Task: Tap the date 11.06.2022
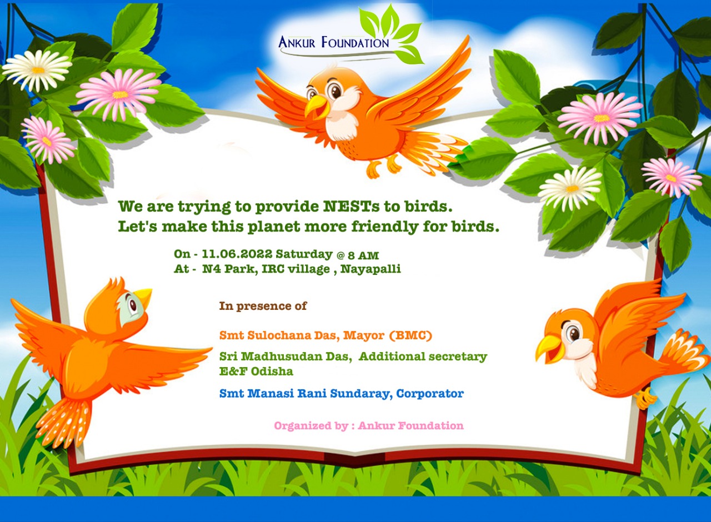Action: click(237, 254)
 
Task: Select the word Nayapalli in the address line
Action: click(370, 269)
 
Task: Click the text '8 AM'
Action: click(363, 255)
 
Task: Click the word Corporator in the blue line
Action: click(430, 394)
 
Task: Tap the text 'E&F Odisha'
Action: click(256, 372)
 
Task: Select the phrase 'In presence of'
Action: click(263, 306)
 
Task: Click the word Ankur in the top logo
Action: click(297, 42)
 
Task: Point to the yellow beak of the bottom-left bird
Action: click(143, 296)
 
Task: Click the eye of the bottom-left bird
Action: click(132, 305)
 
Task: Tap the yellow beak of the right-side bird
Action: click(549, 348)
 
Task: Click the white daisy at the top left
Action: click(37, 69)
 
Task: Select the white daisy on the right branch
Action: click(570, 189)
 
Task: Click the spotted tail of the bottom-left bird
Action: click(63, 423)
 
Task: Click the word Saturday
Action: click(304, 254)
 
